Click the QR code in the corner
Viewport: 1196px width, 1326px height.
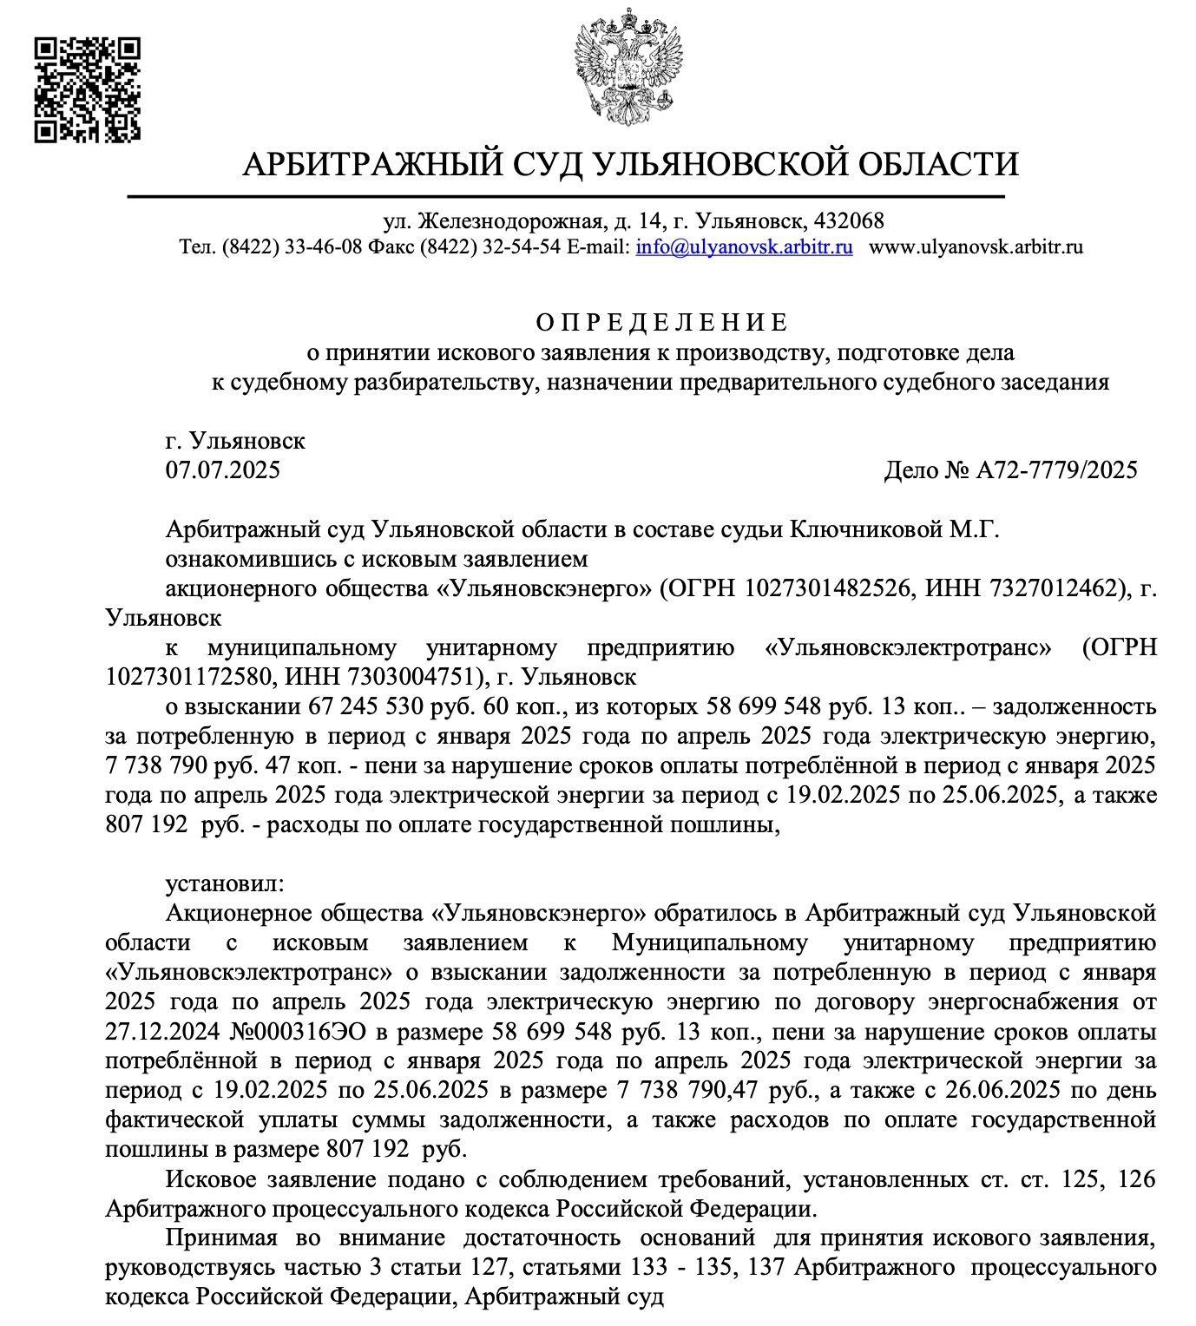88,89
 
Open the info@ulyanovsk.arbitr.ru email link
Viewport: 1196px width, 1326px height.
744,246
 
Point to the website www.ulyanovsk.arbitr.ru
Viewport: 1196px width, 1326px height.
976,246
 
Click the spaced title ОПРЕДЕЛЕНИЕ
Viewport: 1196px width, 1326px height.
661,323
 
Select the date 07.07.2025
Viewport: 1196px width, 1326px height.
223,470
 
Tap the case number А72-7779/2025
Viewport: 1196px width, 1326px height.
1056,470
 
